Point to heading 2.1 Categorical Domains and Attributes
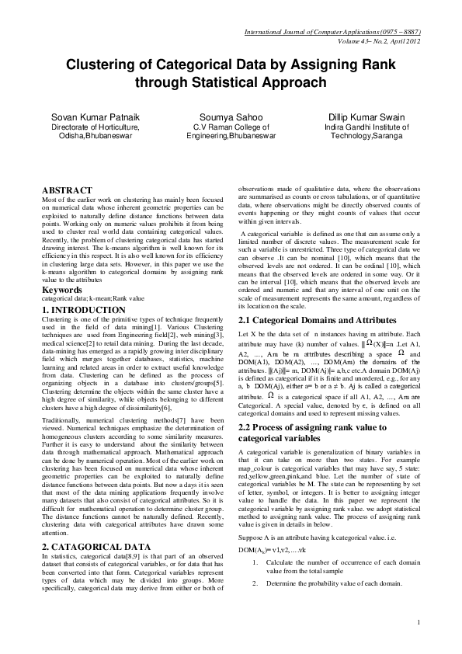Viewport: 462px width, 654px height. click(307, 319)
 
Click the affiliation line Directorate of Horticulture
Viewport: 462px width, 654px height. click(95, 126)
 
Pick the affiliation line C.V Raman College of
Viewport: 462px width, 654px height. click(231, 126)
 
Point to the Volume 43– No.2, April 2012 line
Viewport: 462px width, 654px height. click(379, 40)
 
